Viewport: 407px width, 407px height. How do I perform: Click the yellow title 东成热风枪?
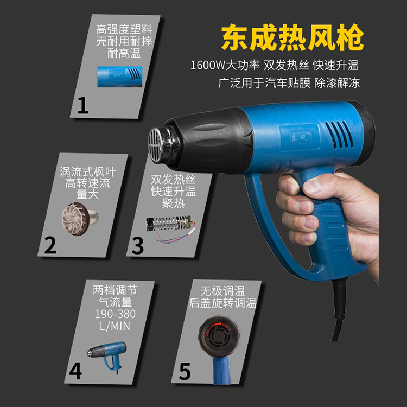[292, 37]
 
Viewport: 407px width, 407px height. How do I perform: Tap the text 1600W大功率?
[225, 65]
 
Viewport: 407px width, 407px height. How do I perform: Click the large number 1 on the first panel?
[83, 105]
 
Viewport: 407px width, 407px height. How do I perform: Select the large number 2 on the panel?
[50, 245]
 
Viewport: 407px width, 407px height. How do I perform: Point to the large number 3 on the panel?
[138, 245]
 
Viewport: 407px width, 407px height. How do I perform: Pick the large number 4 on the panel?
[75, 371]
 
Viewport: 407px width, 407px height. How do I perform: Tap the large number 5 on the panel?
[185, 372]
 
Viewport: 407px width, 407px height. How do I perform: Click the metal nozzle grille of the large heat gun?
[156, 145]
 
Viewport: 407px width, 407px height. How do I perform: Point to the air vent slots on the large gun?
[339, 135]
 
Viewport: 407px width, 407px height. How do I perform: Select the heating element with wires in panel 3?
[170, 228]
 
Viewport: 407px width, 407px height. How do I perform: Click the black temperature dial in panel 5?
[219, 336]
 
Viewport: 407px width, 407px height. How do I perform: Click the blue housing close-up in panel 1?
[120, 77]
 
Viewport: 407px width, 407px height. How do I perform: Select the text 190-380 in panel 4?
[115, 314]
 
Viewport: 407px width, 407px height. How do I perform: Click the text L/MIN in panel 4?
[115, 326]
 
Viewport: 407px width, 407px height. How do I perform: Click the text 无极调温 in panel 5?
[222, 291]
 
